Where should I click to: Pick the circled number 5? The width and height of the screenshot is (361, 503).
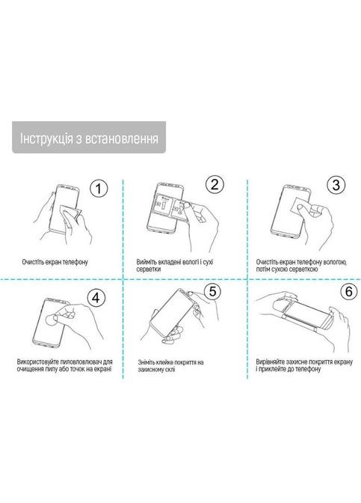point(212,293)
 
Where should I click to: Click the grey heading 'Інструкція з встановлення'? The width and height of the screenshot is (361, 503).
point(89,139)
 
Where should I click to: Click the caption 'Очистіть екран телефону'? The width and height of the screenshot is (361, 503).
point(55,262)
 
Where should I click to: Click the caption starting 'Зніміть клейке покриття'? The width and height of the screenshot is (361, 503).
point(170,367)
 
